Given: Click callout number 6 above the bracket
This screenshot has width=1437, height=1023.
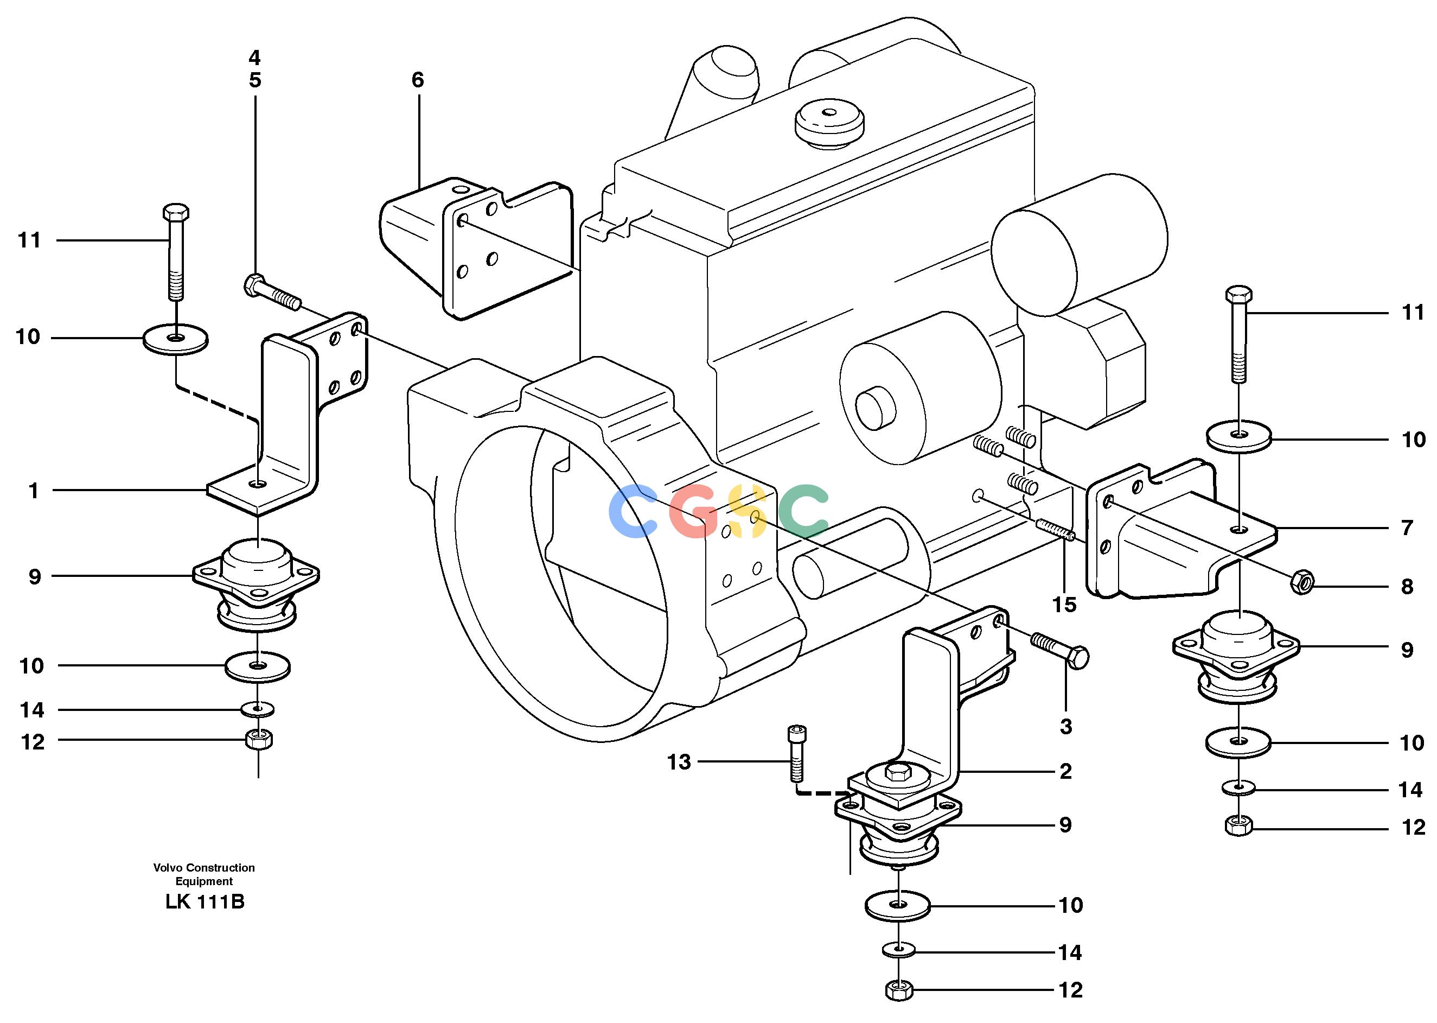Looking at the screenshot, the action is [x=418, y=80].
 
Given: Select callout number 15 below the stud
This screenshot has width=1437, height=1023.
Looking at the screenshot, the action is [x=1064, y=605].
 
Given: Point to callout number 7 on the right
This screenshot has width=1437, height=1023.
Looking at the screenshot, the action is [x=1407, y=528].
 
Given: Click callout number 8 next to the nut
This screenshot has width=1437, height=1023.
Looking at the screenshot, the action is [x=1407, y=587].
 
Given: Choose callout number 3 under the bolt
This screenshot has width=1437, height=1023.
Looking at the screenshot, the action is [x=1065, y=726].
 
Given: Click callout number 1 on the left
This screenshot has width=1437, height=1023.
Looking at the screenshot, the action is [x=34, y=491].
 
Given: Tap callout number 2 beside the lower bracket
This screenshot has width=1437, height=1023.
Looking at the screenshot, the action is [x=1065, y=771].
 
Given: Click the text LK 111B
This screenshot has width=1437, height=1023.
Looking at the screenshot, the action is [x=205, y=902].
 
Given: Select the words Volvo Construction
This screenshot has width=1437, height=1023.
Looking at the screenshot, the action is [x=204, y=867].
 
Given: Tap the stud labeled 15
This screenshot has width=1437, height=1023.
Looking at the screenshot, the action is [x=1054, y=529].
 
